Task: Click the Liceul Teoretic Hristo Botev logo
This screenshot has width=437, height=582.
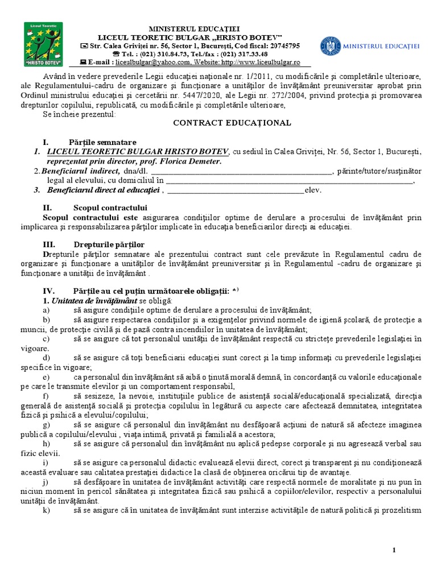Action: click(x=44, y=44)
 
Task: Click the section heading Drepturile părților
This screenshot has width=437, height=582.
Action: click(x=106, y=244)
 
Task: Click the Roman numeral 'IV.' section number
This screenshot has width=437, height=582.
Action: click(x=48, y=290)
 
